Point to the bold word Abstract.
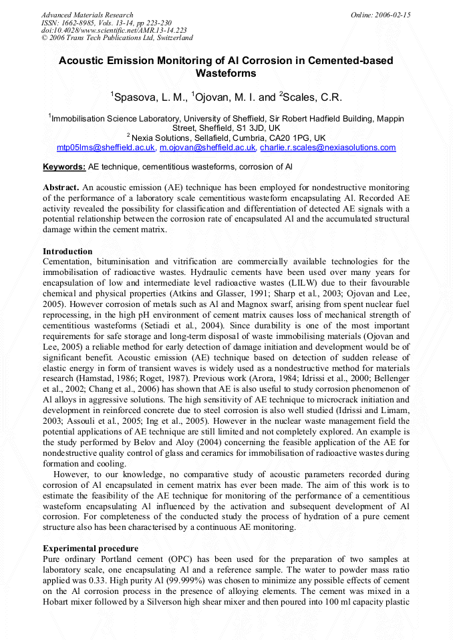(x=61, y=188)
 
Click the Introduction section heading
(x=67, y=252)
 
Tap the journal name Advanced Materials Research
(x=88, y=15)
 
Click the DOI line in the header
(x=114, y=30)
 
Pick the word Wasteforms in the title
(x=226, y=73)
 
